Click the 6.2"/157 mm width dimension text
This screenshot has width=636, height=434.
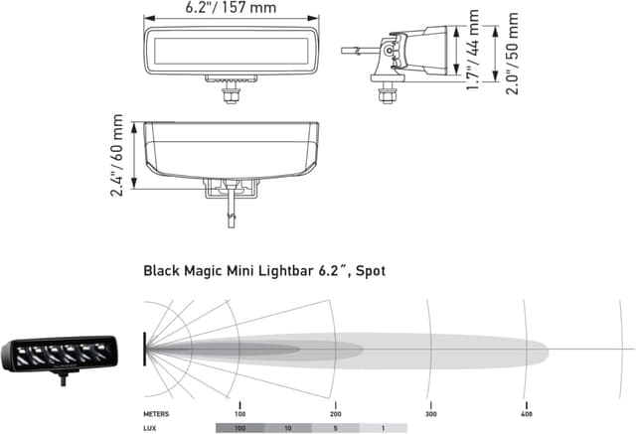(231, 8)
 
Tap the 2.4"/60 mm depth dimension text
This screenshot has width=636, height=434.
(117, 156)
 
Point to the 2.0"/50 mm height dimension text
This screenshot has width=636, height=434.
(512, 53)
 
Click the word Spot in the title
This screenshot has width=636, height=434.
(373, 269)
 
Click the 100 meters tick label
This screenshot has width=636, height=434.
(239, 412)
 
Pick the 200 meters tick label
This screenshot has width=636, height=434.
(335, 412)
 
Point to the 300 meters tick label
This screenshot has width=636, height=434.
(430, 412)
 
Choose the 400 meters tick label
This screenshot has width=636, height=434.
(526, 412)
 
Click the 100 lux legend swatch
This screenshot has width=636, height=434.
(239, 427)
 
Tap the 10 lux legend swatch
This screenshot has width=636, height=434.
(287, 427)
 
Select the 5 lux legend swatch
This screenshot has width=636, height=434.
(335, 427)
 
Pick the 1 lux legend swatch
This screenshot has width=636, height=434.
(383, 427)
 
